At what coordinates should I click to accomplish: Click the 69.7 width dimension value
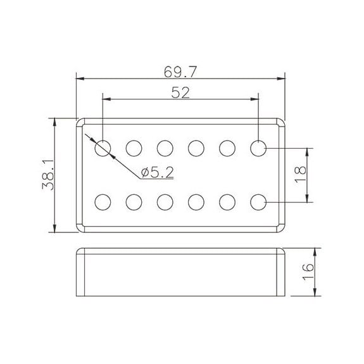pos(180,72)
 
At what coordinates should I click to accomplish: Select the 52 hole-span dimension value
pos(180,92)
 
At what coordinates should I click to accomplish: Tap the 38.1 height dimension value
pos(48,175)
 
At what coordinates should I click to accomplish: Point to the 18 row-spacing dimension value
pos(300,174)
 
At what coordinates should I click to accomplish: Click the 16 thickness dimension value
pos(308,272)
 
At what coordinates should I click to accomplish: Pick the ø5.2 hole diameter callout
pos(157,172)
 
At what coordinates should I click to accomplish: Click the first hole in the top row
pos(103,148)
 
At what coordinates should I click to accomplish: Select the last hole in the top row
pos(258,148)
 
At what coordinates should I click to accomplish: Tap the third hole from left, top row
pos(165,148)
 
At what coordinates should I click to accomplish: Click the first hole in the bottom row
pos(103,202)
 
